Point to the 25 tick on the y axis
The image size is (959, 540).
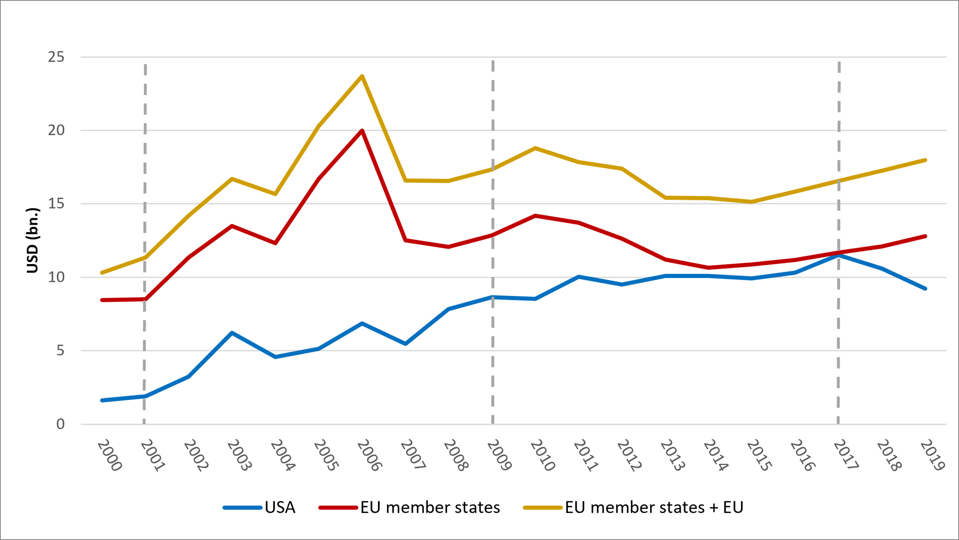(56, 57)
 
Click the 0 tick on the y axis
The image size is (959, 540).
(60, 424)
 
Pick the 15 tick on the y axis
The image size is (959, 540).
(56, 204)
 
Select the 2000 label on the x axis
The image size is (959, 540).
(109, 455)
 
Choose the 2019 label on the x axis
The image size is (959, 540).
(932, 455)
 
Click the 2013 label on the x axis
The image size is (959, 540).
(672, 455)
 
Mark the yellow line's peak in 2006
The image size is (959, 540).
(362, 76)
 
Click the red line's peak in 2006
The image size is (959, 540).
(362, 130)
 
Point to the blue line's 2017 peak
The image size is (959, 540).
(839, 255)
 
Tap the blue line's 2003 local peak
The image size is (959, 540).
(232, 333)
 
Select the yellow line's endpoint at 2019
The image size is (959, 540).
(925, 160)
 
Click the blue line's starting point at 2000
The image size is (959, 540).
(102, 400)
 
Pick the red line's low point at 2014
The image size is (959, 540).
(708, 268)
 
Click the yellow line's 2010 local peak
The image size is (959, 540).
(535, 148)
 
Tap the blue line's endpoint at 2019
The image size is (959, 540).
(925, 288)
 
